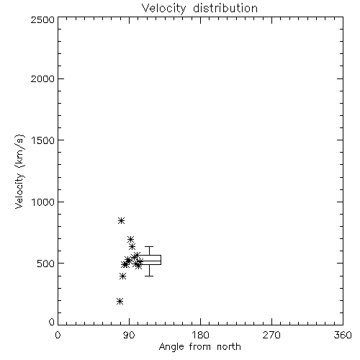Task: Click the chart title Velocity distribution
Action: [x=199, y=8]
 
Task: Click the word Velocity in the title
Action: [x=163, y=9]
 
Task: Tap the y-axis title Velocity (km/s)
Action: [x=19, y=171]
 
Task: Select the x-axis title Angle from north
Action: [x=199, y=347]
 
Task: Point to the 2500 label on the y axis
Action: [x=42, y=19]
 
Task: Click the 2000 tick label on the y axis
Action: [x=42, y=78]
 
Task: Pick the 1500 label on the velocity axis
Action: [x=43, y=140]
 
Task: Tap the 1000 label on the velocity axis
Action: [x=43, y=202]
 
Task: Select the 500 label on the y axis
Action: [x=46, y=264]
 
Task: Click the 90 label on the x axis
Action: [x=129, y=335]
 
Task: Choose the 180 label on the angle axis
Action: [x=200, y=335]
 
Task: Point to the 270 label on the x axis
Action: [x=271, y=335]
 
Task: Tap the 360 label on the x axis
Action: [x=343, y=335]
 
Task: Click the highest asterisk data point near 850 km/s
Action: [x=122, y=220]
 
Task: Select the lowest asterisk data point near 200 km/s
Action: [x=120, y=301]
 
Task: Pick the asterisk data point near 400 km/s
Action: [x=122, y=276]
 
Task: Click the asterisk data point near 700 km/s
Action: [x=130, y=239]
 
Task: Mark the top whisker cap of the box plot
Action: [x=149, y=246]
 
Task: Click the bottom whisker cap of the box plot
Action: [x=149, y=276]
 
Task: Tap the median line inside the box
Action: [x=149, y=261]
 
